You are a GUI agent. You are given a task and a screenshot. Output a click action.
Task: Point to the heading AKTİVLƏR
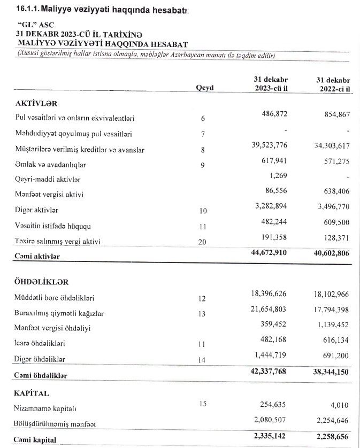coord(36,103)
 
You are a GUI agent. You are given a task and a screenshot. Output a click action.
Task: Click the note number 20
coord(203,242)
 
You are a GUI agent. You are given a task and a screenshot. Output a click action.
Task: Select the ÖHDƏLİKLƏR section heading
coord(43,281)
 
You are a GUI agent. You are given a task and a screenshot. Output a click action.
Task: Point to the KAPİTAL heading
coord(33,393)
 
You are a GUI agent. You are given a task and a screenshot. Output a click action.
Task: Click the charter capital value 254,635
coord(275,405)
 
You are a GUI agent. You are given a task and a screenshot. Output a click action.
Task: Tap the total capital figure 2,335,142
coord(270,438)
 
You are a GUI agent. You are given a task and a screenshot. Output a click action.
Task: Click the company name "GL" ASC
coord(36,25)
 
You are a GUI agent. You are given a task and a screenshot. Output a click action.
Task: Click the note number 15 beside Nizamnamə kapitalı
coord(203,404)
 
